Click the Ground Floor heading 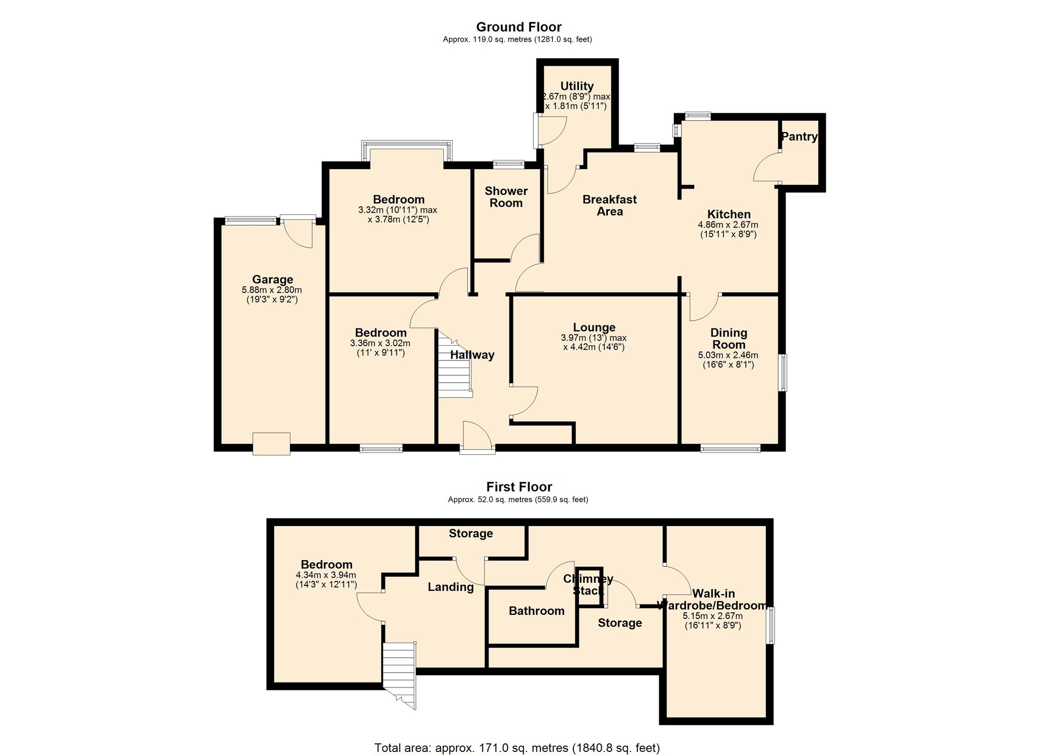[518, 27]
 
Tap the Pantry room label [799, 137]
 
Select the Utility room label [577, 86]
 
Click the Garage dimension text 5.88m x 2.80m [272, 290]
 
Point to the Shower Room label [506, 197]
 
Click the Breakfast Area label [609, 206]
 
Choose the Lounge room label [594, 327]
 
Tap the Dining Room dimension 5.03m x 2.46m [728, 355]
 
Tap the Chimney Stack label [588, 584]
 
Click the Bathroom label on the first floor [536, 611]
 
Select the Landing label [450, 587]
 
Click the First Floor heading [518, 487]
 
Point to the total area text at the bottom [517, 747]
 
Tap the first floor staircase [400, 670]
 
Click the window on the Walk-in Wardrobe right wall [771, 626]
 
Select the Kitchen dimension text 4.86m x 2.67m [728, 224]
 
